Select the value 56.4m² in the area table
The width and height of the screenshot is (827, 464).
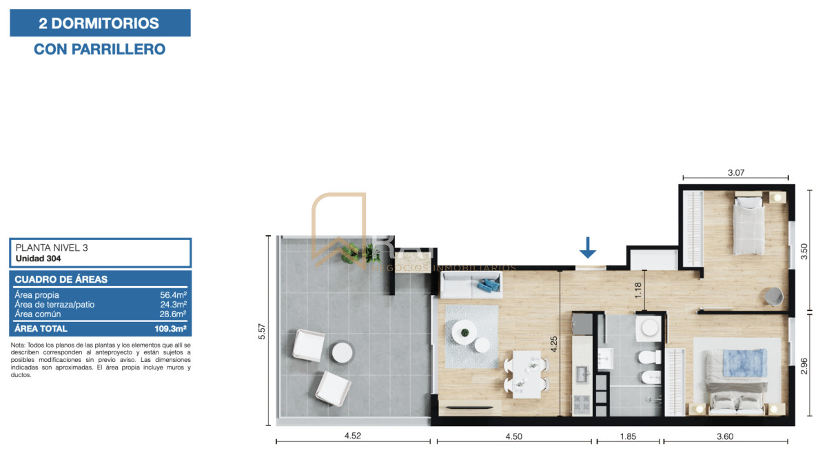coord(173,295)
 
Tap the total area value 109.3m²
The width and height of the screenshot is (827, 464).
coord(170,329)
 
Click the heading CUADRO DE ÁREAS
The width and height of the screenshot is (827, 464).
coord(61,279)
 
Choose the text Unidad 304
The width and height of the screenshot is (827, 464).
coord(39,259)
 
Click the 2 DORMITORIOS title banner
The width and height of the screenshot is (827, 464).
coord(100,23)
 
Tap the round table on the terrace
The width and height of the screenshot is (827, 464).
coord(343,352)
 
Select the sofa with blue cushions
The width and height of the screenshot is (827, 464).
coord(471,283)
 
